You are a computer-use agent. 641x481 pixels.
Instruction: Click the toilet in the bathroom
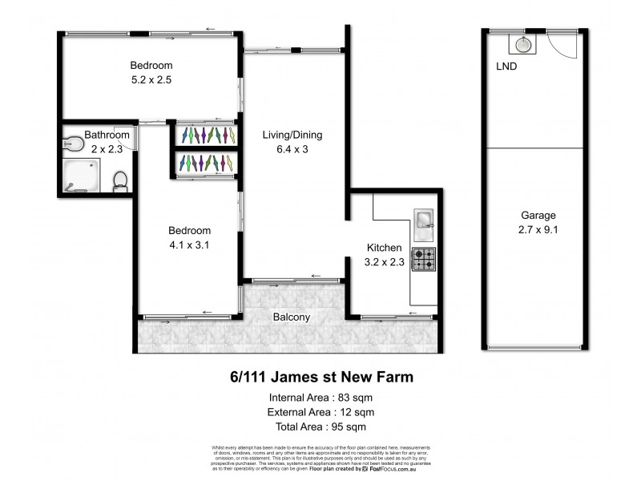pos(120,181)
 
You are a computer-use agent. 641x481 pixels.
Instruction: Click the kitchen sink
pos(424,220)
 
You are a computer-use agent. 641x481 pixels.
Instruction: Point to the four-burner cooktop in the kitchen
pos(424,259)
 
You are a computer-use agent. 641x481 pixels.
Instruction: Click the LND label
pos(506,67)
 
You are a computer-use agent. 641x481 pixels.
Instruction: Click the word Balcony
pos(291,317)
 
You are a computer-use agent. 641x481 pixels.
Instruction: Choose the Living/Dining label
pos(292,135)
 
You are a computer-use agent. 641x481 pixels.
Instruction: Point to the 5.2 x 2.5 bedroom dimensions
pos(151,80)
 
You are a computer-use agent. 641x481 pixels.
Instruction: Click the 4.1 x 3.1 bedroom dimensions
pos(189,245)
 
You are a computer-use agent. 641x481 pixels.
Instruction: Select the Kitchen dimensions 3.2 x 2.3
pos(384,261)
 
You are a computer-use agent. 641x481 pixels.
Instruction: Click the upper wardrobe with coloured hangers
pos(207,134)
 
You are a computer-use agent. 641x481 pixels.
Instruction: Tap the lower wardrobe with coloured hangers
pos(207,164)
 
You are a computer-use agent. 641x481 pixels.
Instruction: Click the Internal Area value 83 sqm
pos(355,398)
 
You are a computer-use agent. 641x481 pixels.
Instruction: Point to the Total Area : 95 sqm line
pos(320,426)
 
